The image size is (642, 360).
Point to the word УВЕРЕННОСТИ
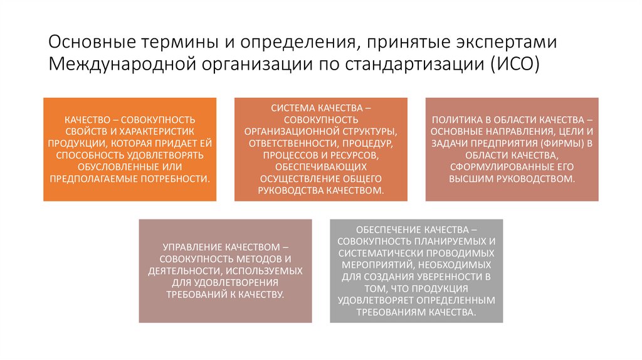(450, 277)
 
